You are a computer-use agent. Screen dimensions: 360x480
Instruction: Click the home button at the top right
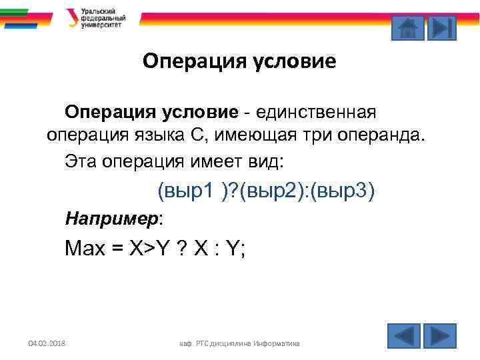point(407,28)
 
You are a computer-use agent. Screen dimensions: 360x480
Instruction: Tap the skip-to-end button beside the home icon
point(441,28)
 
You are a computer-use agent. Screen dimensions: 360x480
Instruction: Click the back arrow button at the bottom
point(403,335)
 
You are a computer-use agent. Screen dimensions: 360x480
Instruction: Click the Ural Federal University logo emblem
point(71,17)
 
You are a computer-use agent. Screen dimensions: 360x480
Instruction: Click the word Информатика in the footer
point(275,343)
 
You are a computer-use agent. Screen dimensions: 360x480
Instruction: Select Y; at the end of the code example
point(237,249)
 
